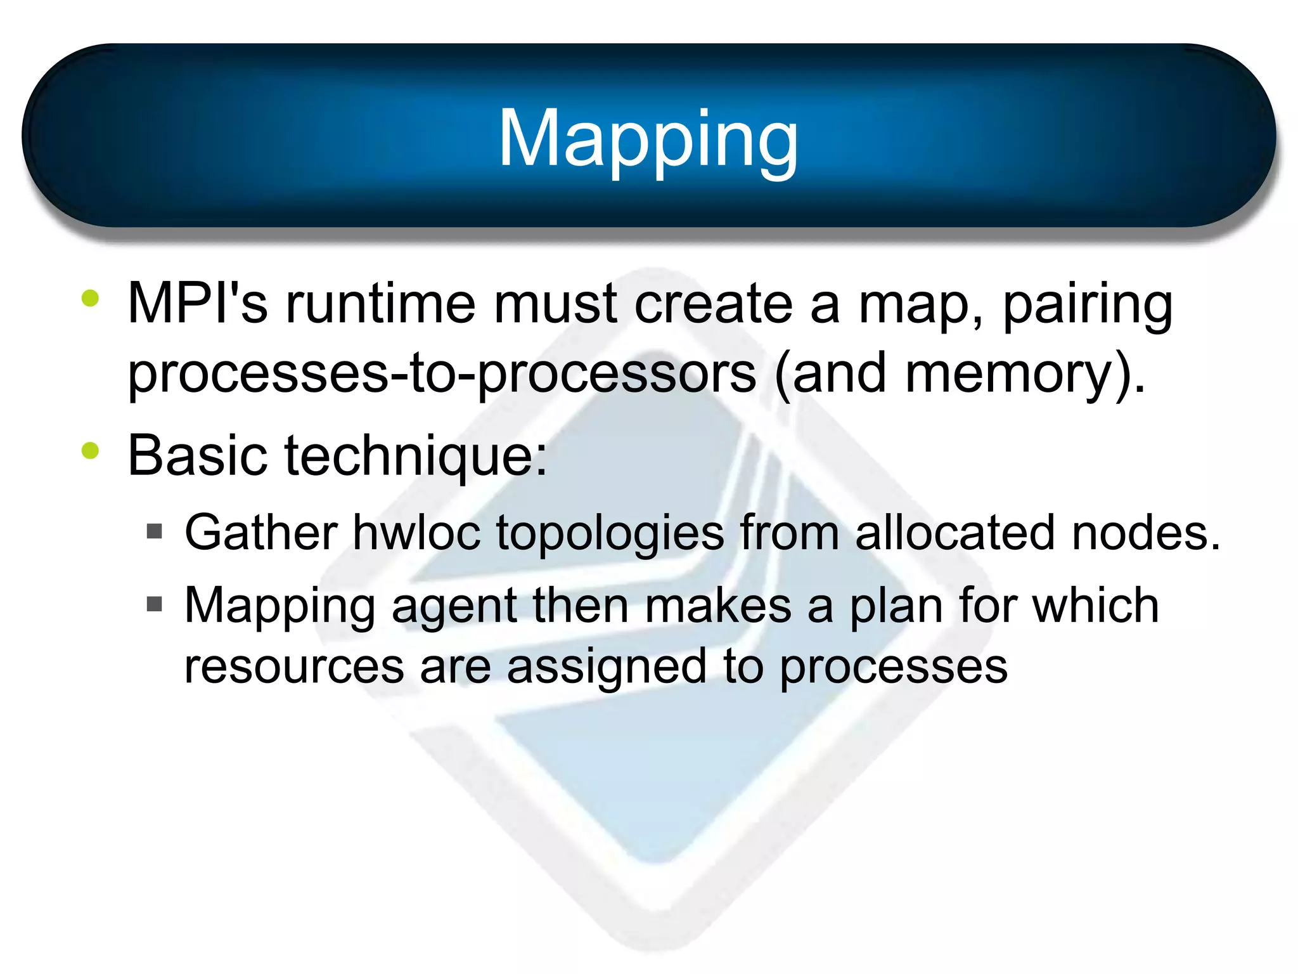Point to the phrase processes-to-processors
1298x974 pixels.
click(442, 374)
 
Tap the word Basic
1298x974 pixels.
click(197, 455)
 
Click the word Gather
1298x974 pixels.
click(260, 533)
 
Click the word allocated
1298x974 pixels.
click(955, 533)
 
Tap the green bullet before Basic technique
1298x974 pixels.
click(91, 451)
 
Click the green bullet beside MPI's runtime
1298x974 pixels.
click(91, 298)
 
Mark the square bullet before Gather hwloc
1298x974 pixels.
click(154, 531)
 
